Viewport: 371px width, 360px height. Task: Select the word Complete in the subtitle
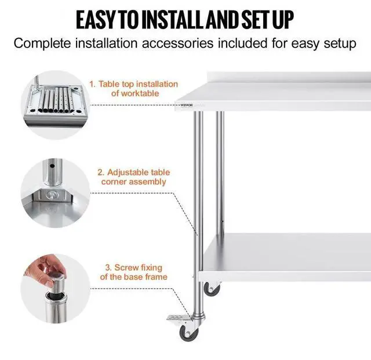click(x=46, y=43)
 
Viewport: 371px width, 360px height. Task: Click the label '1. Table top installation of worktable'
click(x=133, y=89)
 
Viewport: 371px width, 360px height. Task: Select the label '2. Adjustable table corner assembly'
click(x=133, y=177)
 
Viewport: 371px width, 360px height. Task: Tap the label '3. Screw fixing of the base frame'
click(x=133, y=272)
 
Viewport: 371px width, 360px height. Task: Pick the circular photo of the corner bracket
click(x=52, y=190)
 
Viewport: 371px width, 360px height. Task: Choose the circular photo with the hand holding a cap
click(x=52, y=281)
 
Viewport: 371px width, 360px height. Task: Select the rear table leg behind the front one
click(x=220, y=168)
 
